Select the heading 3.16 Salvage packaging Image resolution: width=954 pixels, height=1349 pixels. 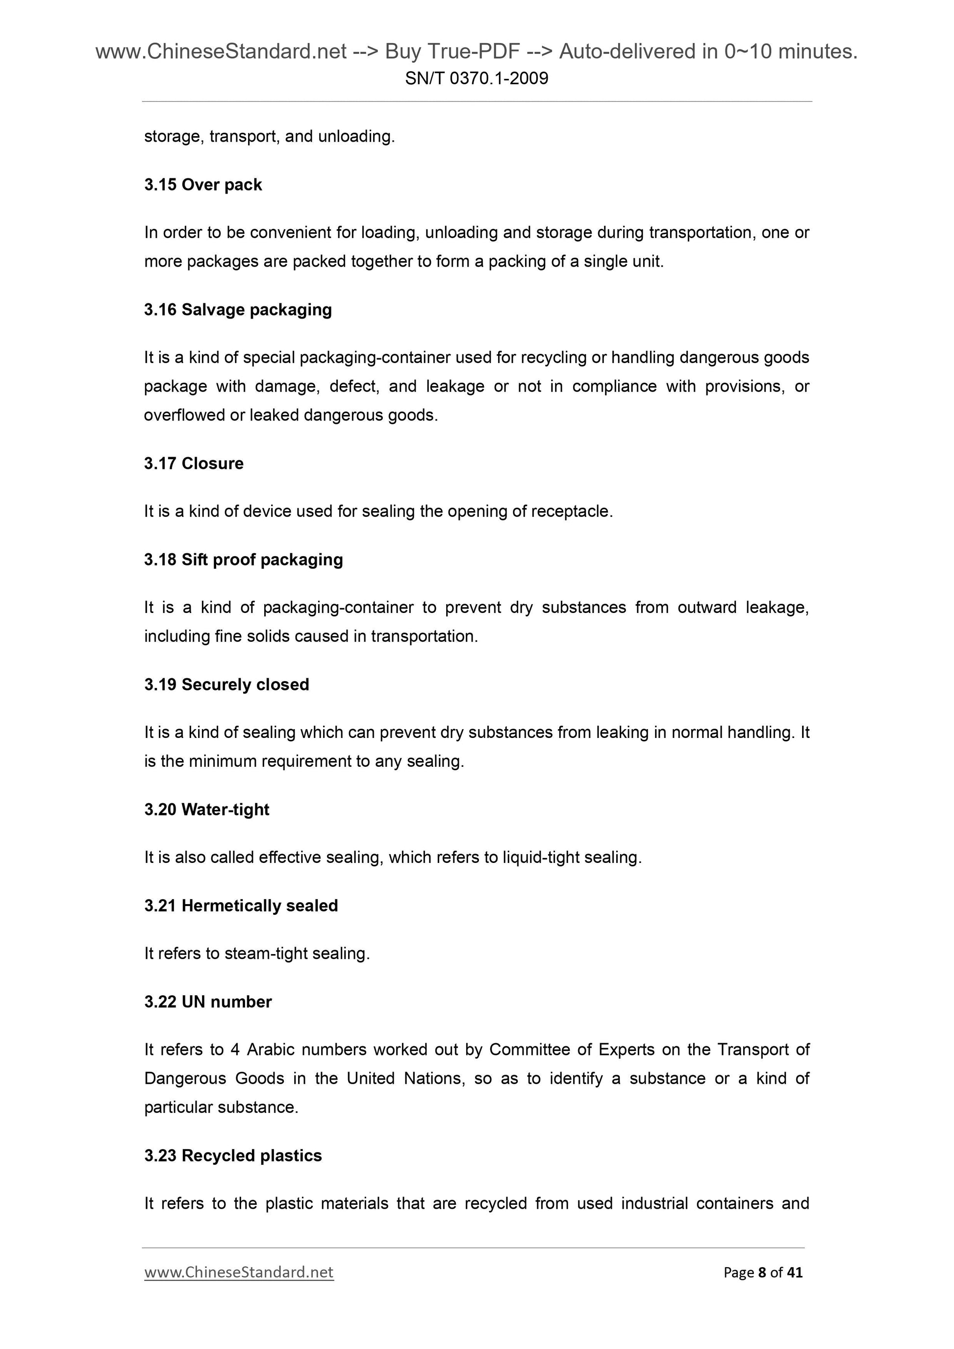[x=237, y=310]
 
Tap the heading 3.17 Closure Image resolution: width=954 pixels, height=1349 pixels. [x=193, y=464]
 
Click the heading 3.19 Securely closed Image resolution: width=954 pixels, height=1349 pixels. [x=226, y=685]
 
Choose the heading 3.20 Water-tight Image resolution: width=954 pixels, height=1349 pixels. [x=206, y=809]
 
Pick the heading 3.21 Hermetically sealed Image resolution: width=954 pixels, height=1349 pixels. [x=241, y=906]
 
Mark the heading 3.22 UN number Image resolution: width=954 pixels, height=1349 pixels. [x=207, y=1002]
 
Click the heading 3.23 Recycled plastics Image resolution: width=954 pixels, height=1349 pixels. [x=233, y=1156]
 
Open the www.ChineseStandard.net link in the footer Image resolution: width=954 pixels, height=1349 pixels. [x=239, y=1272]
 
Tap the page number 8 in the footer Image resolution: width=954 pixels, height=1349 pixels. [x=762, y=1273]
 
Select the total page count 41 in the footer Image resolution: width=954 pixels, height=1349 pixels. [x=795, y=1273]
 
